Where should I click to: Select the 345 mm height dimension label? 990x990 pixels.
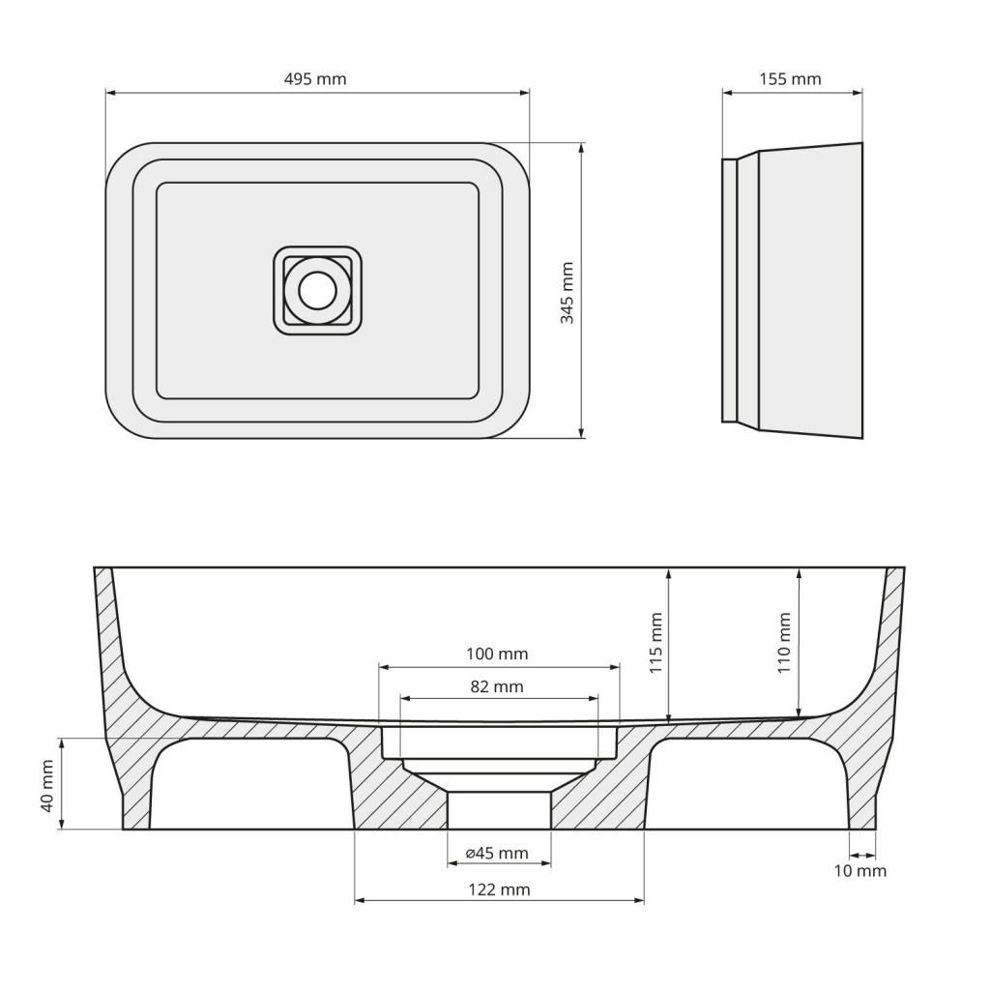(x=568, y=292)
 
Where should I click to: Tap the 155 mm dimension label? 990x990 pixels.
(x=790, y=79)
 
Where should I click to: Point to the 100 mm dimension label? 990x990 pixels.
(x=498, y=655)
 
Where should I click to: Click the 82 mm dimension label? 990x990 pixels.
(x=498, y=687)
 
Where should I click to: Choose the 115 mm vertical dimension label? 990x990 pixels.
(x=657, y=643)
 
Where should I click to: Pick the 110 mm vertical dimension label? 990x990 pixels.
(x=785, y=643)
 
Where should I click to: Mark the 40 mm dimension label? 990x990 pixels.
(x=47, y=784)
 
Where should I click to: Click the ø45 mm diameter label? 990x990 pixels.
(x=498, y=853)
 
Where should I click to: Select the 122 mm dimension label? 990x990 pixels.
(x=498, y=889)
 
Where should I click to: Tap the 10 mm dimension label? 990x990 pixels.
(x=860, y=871)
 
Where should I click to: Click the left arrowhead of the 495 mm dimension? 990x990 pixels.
(x=110, y=93)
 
